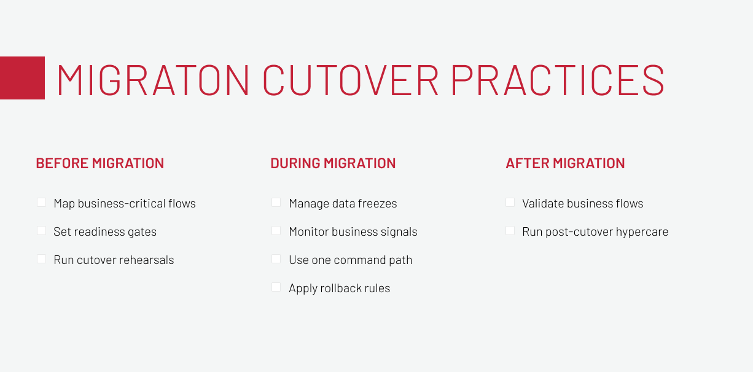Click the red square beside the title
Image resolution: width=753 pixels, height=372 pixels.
[x=22, y=78]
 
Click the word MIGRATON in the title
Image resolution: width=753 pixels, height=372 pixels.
[x=153, y=80]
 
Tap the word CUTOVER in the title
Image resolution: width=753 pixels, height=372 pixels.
[x=351, y=80]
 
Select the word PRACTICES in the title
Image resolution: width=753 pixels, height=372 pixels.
[x=558, y=80]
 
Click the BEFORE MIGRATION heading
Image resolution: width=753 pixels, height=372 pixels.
[x=100, y=163]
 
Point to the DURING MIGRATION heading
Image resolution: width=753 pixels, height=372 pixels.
[x=333, y=163]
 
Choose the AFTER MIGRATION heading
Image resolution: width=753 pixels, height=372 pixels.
[x=565, y=163]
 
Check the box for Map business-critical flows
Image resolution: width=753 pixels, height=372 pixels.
[x=41, y=203]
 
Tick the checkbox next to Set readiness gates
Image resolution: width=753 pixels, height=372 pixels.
[x=41, y=231]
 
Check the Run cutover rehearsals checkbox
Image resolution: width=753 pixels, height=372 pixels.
[x=41, y=259]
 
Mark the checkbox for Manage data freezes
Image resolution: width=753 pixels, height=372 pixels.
[x=276, y=203]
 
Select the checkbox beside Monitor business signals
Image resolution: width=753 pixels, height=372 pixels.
[x=276, y=231]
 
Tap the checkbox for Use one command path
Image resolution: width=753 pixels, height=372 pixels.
[x=276, y=259]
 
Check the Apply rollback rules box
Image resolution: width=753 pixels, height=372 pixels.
[x=276, y=287]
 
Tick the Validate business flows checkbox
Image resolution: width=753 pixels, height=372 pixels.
[x=510, y=203]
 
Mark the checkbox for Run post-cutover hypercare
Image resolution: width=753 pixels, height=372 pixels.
[x=510, y=231]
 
